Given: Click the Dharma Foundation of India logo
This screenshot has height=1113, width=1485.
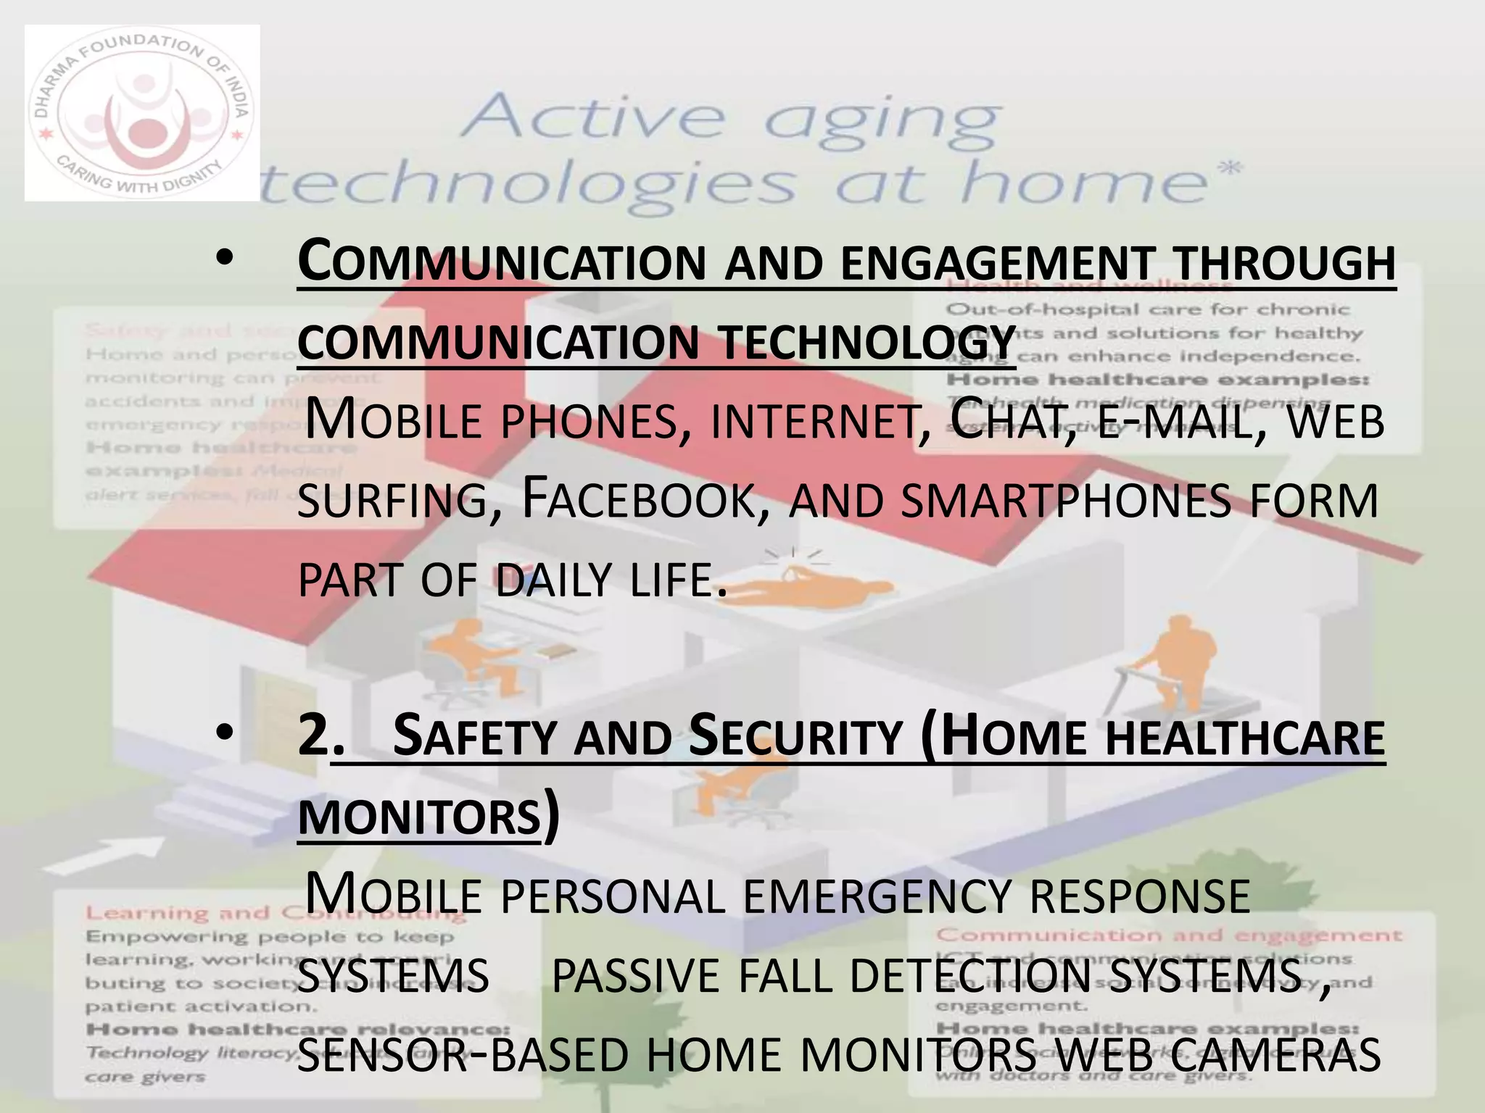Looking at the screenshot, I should [x=142, y=113].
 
